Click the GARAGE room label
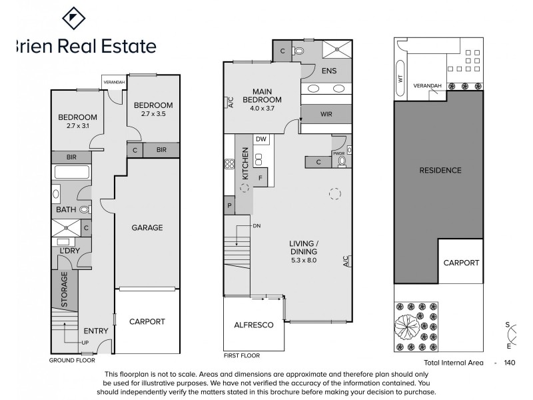147,228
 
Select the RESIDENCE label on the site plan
440,170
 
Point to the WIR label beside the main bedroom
326,115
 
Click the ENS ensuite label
329,70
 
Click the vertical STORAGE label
65,289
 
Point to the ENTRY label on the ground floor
96,331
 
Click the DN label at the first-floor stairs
257,226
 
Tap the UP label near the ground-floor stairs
85,343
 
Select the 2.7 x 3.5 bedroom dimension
153,114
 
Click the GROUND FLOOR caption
72,360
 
